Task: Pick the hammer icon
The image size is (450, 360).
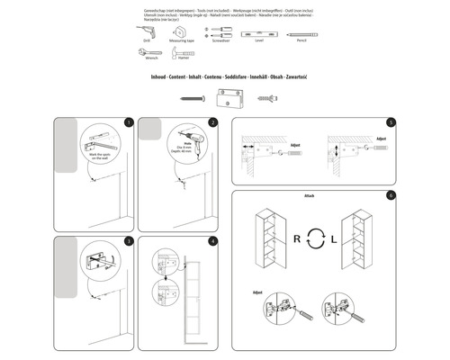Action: coord(184,54)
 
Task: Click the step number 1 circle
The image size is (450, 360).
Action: coord(130,122)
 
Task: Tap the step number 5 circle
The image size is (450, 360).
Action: coord(391,122)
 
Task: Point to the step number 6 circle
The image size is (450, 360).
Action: coord(391,195)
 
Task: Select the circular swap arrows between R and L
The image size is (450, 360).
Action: coord(313,241)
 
